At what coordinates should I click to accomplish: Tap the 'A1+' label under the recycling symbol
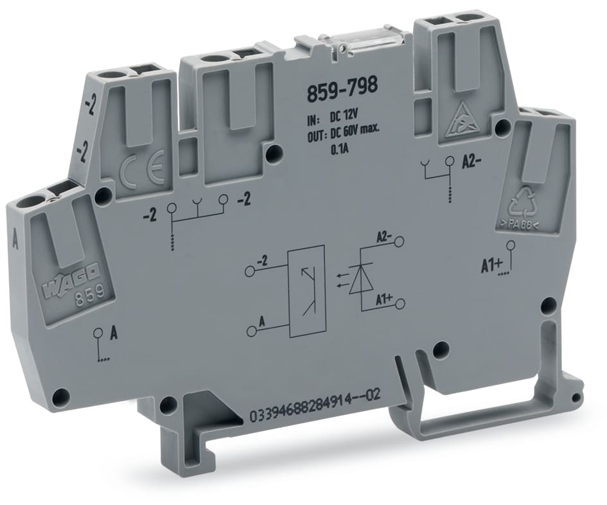coord(491,262)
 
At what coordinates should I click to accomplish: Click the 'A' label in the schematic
coord(261,320)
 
